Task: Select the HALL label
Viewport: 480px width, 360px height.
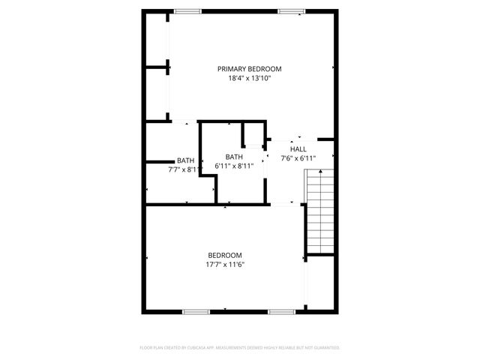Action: (x=298, y=149)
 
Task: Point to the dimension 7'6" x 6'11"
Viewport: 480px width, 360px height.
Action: (x=298, y=158)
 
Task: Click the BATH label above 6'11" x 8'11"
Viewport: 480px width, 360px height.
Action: (x=234, y=156)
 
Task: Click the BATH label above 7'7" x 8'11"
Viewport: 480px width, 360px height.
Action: (x=185, y=160)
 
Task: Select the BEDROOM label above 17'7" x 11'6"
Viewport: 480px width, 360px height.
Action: (x=225, y=255)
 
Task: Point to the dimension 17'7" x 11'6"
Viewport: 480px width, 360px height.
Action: (x=225, y=264)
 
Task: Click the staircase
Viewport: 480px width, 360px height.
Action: (x=319, y=211)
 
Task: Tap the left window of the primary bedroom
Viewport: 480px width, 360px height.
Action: (x=187, y=11)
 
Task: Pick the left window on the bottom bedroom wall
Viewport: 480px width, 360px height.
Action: (x=195, y=311)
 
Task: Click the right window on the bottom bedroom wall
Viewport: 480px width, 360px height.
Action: (x=282, y=311)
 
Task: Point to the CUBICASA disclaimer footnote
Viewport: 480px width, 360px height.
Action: (x=240, y=348)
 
